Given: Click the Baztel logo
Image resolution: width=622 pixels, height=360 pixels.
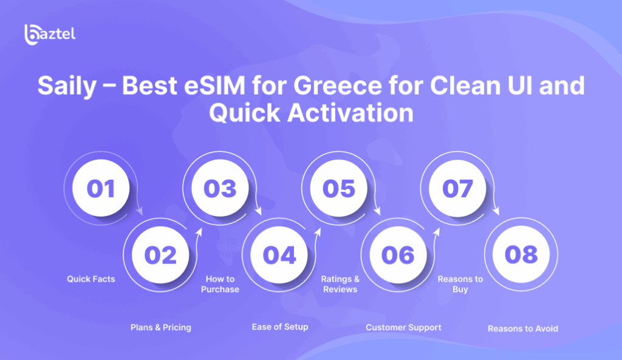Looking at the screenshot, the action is (x=50, y=35).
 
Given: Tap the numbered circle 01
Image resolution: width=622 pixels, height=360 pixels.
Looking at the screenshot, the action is (x=101, y=188).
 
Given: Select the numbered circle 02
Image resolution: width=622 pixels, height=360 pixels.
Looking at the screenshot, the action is (x=160, y=254).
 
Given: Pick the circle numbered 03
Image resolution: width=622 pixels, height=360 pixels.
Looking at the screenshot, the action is (x=220, y=188).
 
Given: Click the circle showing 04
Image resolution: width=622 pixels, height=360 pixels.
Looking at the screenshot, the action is (x=279, y=254).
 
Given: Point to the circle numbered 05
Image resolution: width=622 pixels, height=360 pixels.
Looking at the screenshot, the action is (x=339, y=188).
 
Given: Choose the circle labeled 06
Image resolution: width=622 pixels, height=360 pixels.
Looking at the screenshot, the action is (x=398, y=254).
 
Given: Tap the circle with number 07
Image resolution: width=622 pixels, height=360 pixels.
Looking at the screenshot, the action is (x=457, y=188).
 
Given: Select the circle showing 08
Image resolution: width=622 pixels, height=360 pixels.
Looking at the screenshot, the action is (x=521, y=254).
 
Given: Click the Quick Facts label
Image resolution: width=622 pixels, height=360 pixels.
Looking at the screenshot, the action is (x=91, y=279).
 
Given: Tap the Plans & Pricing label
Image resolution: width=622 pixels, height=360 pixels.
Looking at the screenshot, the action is (x=160, y=327).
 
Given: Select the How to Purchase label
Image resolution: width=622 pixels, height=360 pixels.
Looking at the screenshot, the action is (x=220, y=284).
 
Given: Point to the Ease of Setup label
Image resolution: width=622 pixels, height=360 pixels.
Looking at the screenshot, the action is (x=280, y=327).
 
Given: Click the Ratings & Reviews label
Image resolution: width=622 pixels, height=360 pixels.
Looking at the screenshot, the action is (x=340, y=284).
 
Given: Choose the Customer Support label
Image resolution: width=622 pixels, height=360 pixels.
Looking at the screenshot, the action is (x=403, y=327).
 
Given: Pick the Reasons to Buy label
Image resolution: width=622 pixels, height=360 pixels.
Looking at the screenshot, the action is (x=460, y=284).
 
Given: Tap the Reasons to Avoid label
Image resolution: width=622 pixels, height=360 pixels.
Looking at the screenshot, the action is (x=523, y=328).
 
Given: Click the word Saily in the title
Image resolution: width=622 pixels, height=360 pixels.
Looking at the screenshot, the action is (x=67, y=86).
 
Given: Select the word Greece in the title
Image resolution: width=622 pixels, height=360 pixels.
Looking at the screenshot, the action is (x=338, y=86).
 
